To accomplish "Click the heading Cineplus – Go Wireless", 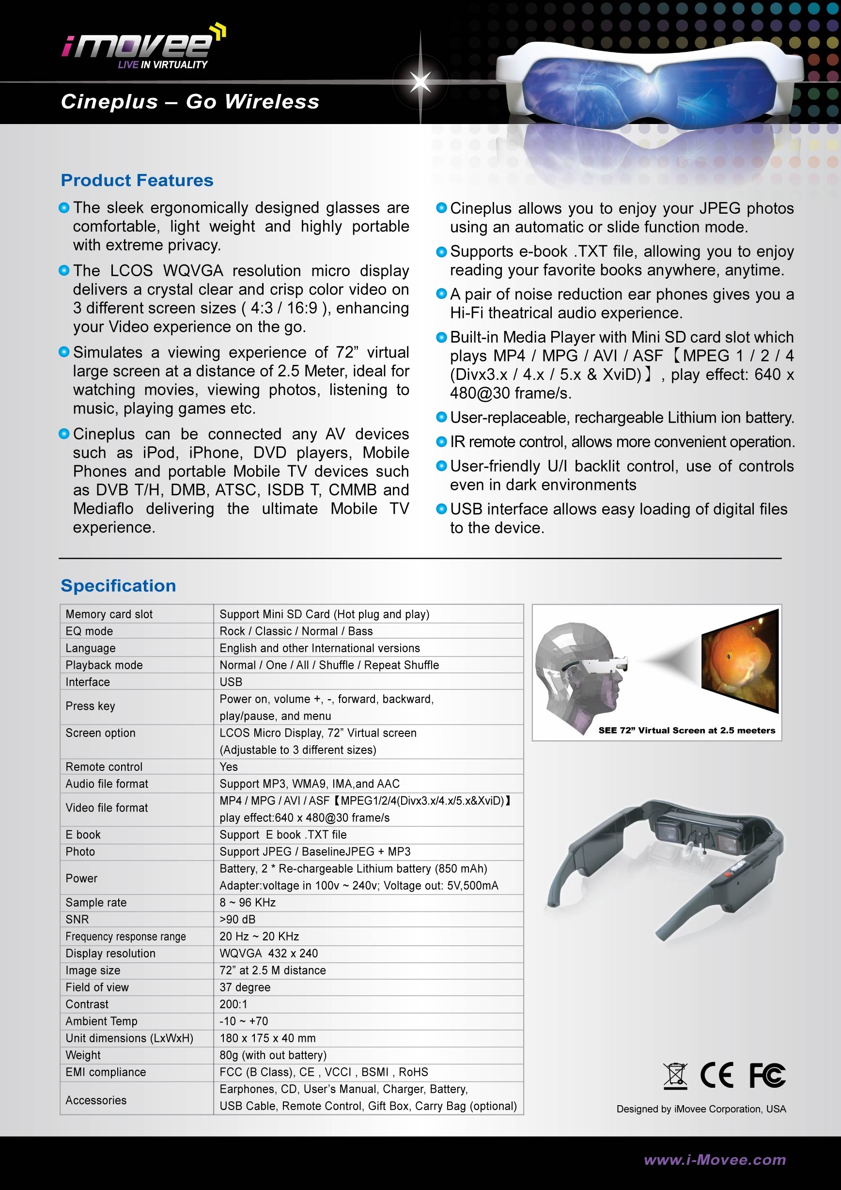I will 189,102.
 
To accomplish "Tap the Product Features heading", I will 137,180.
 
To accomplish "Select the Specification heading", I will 118,586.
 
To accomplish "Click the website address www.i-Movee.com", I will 715,1159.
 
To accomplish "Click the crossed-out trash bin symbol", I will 675,1076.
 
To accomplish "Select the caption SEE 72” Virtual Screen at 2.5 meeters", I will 686,730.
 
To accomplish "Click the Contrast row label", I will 87,1004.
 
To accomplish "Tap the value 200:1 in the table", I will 233,1004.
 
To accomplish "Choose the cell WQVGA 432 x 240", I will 268,953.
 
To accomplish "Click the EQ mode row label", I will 89,631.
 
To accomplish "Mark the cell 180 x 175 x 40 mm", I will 267,1038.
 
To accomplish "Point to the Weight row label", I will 83,1055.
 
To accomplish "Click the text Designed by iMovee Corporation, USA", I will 701,1109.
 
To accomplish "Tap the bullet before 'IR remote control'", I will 441,441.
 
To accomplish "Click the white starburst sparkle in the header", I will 420,81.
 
